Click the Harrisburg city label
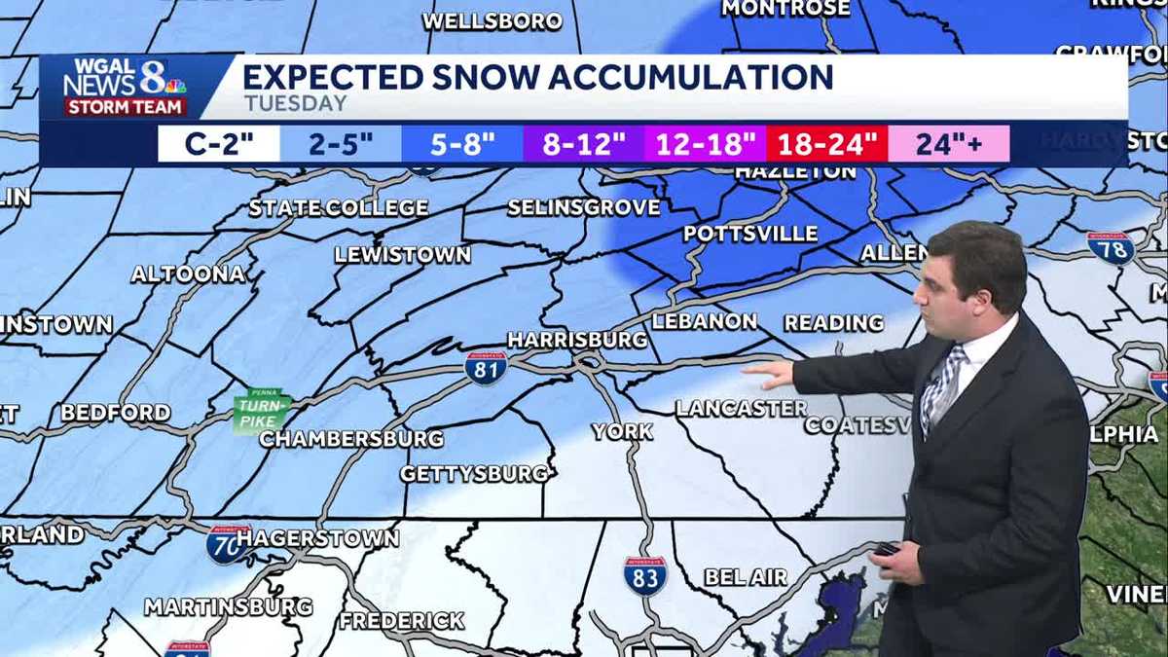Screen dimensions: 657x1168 click(577, 340)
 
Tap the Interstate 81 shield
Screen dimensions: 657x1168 click(486, 367)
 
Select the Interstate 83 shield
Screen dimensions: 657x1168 click(645, 575)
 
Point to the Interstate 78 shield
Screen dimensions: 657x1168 click(1110, 247)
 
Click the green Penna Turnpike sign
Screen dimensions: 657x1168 click(260, 409)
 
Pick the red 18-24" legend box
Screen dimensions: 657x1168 click(827, 144)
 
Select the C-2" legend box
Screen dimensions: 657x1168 click(219, 144)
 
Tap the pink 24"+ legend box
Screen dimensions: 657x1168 click(949, 144)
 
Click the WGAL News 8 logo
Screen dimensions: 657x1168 click(125, 88)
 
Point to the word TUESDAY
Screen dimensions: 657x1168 click(295, 103)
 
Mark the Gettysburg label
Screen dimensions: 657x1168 click(476, 474)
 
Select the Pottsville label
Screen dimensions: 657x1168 click(750, 234)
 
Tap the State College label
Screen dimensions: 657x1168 click(339, 207)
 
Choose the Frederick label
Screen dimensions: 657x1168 click(402, 620)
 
